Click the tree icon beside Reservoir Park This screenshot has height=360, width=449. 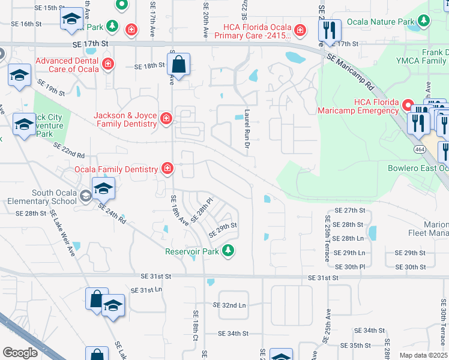click(x=228, y=251)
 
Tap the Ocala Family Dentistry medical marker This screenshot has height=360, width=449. click(x=167, y=169)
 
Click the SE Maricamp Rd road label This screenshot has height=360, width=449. click(x=355, y=70)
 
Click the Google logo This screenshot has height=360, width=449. click(x=20, y=353)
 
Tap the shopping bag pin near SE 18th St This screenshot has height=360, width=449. click(x=179, y=64)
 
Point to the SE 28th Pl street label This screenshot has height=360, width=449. click(x=202, y=209)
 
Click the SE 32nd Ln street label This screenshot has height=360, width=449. click(x=229, y=305)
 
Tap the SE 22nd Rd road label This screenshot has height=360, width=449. click(x=69, y=149)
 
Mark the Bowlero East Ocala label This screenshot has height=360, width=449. click(x=418, y=167)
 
